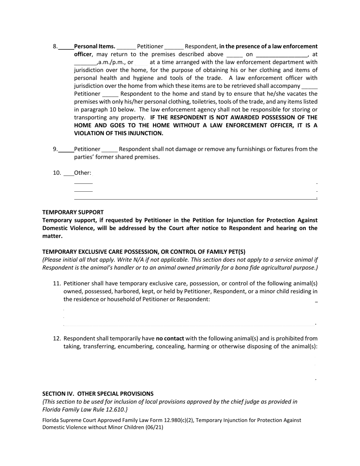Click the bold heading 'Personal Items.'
95,46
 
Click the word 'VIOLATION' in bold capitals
91,133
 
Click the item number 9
55,149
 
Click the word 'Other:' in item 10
83,173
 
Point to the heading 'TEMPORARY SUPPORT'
73,212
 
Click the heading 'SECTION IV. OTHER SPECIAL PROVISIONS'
98,394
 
